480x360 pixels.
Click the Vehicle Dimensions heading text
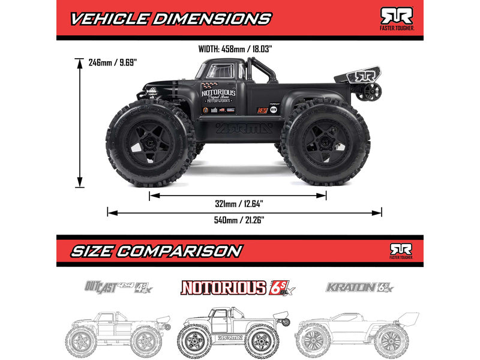click(x=171, y=18)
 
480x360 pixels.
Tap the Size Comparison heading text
click(x=157, y=250)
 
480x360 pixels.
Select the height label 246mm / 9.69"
click(x=113, y=61)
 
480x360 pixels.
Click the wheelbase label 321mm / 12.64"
click(x=238, y=204)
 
